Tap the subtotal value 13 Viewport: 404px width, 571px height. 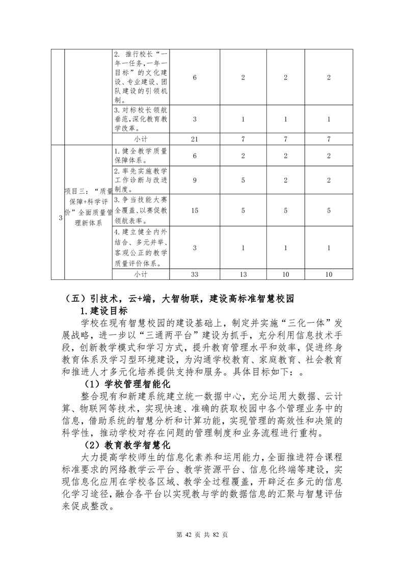click(243, 274)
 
